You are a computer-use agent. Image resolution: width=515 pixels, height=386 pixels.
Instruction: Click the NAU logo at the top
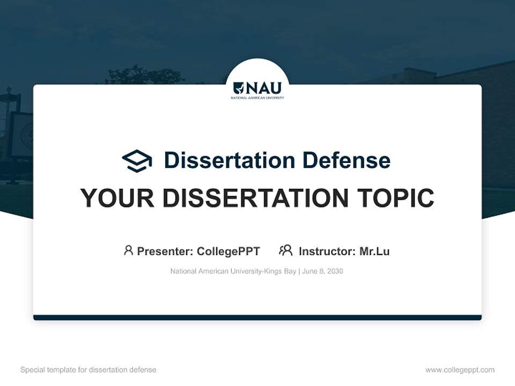[257, 88]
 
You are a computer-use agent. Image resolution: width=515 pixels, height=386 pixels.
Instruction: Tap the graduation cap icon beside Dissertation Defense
[137, 160]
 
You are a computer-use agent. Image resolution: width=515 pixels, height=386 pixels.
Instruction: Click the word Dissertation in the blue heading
[229, 160]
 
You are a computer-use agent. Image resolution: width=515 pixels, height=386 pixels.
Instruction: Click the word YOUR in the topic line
[113, 198]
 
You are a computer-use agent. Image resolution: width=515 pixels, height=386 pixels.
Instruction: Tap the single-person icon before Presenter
[128, 250]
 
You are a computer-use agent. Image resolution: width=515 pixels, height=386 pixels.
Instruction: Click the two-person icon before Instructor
[285, 250]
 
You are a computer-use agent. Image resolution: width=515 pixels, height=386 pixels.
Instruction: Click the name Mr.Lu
[374, 251]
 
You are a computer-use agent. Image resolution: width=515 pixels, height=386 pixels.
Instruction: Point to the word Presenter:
[165, 251]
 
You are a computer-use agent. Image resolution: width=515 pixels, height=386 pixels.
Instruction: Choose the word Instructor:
[327, 251]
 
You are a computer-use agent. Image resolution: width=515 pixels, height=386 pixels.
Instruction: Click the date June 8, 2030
[322, 271]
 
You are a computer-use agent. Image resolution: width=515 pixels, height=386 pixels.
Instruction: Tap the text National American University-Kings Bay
[233, 271]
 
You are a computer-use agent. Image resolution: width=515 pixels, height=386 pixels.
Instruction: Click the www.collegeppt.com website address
[460, 370]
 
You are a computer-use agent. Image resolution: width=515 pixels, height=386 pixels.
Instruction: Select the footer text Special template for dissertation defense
[88, 370]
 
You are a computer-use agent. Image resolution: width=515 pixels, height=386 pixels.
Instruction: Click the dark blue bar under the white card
[257, 317]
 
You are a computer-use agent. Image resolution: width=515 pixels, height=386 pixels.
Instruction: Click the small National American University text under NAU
[257, 98]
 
